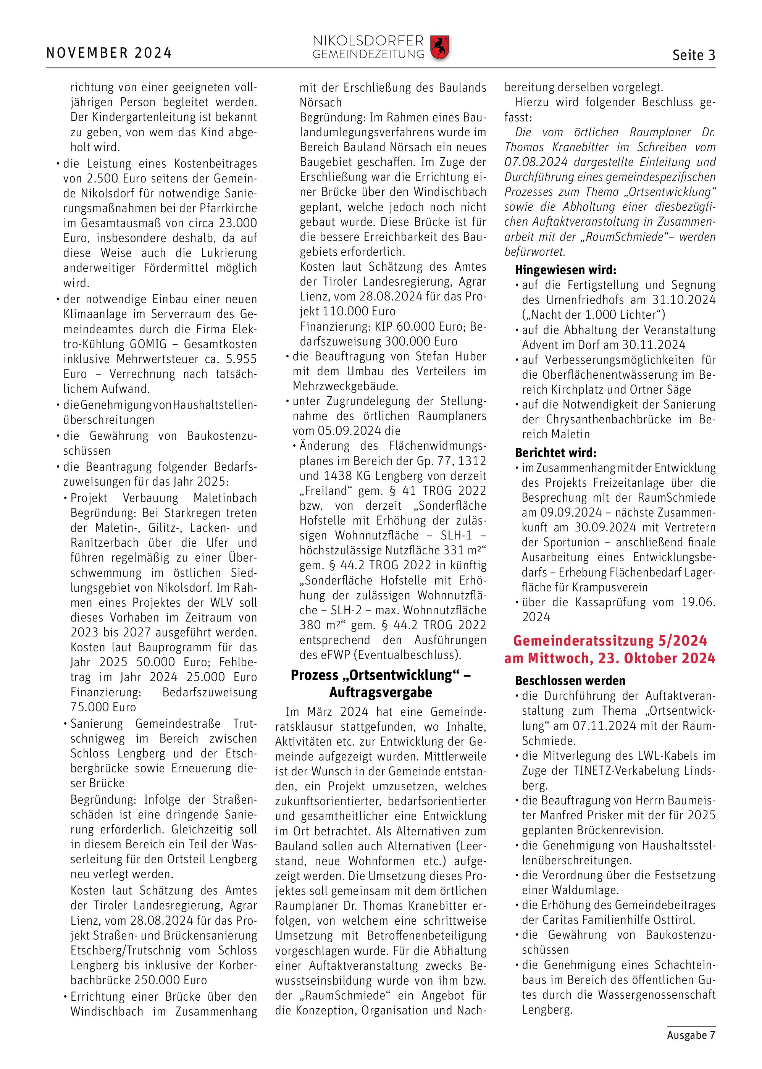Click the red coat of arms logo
[x=440, y=47]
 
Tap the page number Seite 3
[x=694, y=55]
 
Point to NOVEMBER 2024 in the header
[x=109, y=53]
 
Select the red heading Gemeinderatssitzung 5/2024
[x=610, y=641]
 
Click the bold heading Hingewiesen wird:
[x=565, y=270]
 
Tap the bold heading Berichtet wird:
[x=555, y=453]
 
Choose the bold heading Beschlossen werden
[x=570, y=680]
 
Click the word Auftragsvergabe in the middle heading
[x=381, y=692]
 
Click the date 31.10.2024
[x=684, y=300]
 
